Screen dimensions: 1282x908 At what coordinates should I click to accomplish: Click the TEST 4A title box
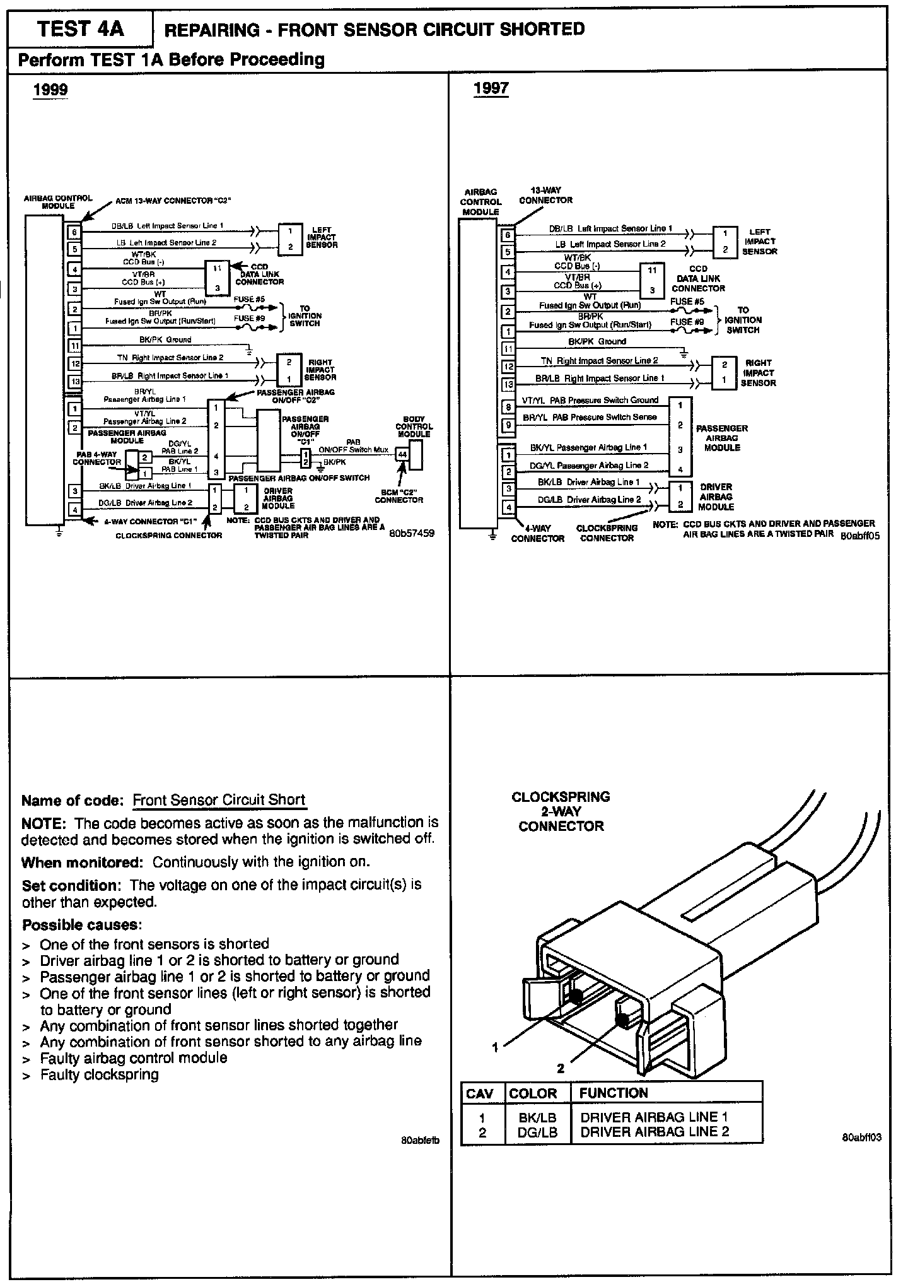80,30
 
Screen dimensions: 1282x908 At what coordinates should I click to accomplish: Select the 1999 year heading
50,90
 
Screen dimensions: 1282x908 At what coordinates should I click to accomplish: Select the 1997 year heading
491,88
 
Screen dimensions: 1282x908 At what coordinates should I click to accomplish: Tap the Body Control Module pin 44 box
402,454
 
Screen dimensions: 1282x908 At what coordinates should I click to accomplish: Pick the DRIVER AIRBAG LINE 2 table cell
654,1132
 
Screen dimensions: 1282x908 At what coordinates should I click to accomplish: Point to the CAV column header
479,1093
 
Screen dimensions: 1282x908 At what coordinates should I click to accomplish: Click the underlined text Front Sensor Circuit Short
219,800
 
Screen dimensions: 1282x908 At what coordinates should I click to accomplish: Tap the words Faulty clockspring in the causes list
99,1074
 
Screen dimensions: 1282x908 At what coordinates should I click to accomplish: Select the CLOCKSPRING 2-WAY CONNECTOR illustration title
561,811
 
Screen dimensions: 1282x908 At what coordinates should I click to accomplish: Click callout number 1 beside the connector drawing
495,1047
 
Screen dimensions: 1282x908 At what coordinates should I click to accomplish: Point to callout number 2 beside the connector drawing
560,1068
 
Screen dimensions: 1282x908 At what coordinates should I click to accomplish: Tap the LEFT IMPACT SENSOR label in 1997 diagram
759,242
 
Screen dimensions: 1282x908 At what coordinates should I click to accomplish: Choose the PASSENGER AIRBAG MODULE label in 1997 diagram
721,438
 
